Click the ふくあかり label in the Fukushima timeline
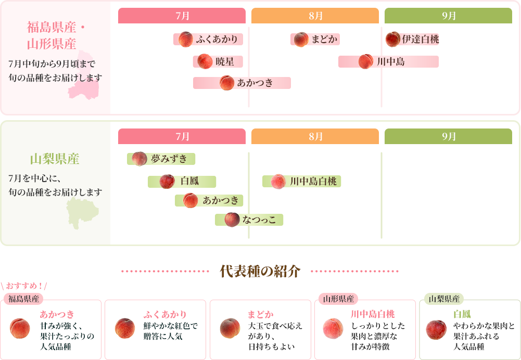(217, 39)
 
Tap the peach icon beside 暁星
(205, 61)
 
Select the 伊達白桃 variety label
(421, 39)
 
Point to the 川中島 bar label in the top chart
(391, 61)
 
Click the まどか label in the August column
(324, 39)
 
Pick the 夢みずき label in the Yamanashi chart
(169, 159)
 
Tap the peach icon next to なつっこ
(232, 220)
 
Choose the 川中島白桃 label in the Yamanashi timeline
(313, 182)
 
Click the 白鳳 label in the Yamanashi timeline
(190, 181)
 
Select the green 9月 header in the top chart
(448, 16)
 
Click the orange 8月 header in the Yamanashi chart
(315, 136)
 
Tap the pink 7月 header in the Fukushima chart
(182, 16)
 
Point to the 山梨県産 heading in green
(55, 159)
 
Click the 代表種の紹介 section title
(260, 272)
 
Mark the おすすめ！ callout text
(24, 286)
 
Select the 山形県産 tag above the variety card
(338, 299)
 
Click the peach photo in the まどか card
(230, 328)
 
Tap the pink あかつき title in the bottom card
(57, 314)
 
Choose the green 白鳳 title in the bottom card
(462, 314)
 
